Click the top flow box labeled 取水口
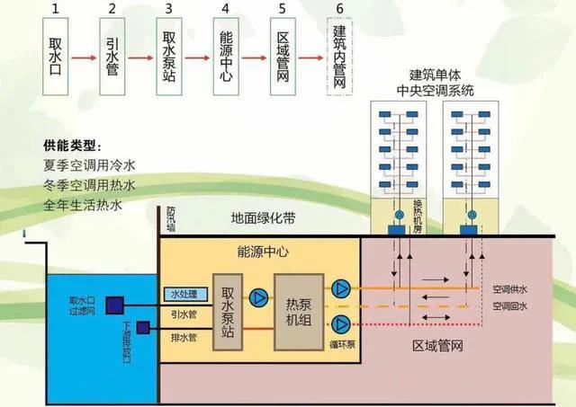[x=56, y=56]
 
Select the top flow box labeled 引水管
[x=112, y=56]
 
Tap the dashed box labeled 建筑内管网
[x=338, y=58]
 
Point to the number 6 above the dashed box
[x=338, y=9]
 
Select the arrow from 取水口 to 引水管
[x=84, y=58]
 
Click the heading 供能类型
[x=73, y=146]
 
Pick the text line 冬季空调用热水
[x=88, y=185]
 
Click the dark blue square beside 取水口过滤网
[x=114, y=306]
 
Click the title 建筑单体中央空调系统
[x=441, y=83]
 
